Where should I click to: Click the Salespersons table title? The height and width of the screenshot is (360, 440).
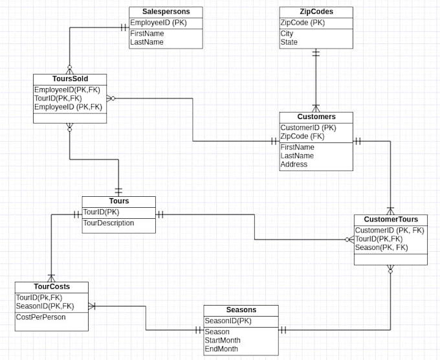[x=166, y=12]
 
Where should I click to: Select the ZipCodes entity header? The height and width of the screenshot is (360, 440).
[x=316, y=12]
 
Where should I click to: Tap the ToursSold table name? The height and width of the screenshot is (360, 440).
[x=70, y=79]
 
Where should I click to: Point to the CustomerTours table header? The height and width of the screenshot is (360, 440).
[x=391, y=219]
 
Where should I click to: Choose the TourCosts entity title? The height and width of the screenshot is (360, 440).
[x=52, y=286]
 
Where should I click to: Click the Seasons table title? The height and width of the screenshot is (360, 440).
[x=241, y=309]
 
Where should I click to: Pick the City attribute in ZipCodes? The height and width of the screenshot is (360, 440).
[x=287, y=34]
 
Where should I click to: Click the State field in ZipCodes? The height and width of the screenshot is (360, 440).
[x=289, y=42]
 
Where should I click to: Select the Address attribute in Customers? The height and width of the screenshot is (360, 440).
[x=294, y=164]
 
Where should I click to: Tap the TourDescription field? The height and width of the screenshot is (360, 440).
[x=109, y=223]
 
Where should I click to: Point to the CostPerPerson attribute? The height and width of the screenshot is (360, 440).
[x=41, y=317]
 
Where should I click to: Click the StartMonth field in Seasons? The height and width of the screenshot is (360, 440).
[x=222, y=341]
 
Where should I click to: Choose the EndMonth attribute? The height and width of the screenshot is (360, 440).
[x=221, y=349]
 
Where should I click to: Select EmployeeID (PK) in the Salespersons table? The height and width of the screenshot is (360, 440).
[x=159, y=23]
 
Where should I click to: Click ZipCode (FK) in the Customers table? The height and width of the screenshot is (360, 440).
[x=302, y=137]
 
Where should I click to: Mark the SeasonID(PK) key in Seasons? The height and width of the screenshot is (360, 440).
[x=228, y=321]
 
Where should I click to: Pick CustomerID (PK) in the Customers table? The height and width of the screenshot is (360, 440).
[x=308, y=128]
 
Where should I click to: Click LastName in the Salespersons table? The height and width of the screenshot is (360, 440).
[x=147, y=42]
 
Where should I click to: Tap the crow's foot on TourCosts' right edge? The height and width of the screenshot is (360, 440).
[x=92, y=306]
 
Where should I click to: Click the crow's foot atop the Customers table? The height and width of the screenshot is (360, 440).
[x=316, y=108]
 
